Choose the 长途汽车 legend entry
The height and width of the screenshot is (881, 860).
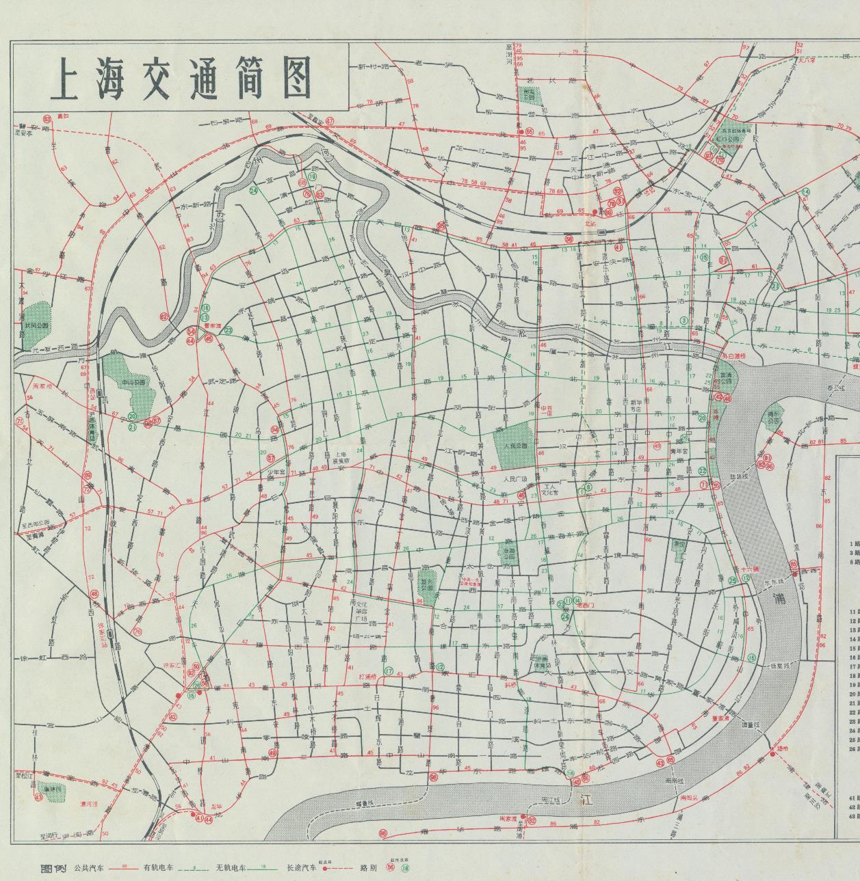coord(302,868)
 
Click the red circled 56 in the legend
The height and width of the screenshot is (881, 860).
coord(391,868)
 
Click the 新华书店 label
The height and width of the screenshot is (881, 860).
coord(631,405)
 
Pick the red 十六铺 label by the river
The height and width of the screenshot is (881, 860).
coord(751,568)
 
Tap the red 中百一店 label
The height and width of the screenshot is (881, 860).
coord(545,411)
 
